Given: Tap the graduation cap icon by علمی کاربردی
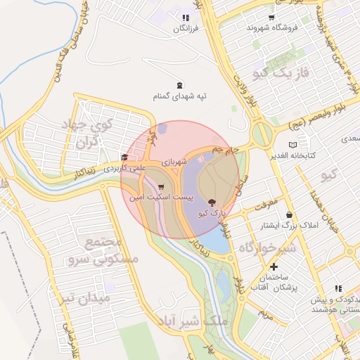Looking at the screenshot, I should click(124, 157).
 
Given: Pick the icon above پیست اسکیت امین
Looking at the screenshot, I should click(162, 187).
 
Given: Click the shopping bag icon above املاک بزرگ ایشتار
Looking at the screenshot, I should click(289, 214).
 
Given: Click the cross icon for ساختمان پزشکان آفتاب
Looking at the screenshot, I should click(274, 266).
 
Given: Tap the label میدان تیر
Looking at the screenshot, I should click(85, 297).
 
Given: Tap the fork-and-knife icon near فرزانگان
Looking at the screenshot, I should click(185, 18).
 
